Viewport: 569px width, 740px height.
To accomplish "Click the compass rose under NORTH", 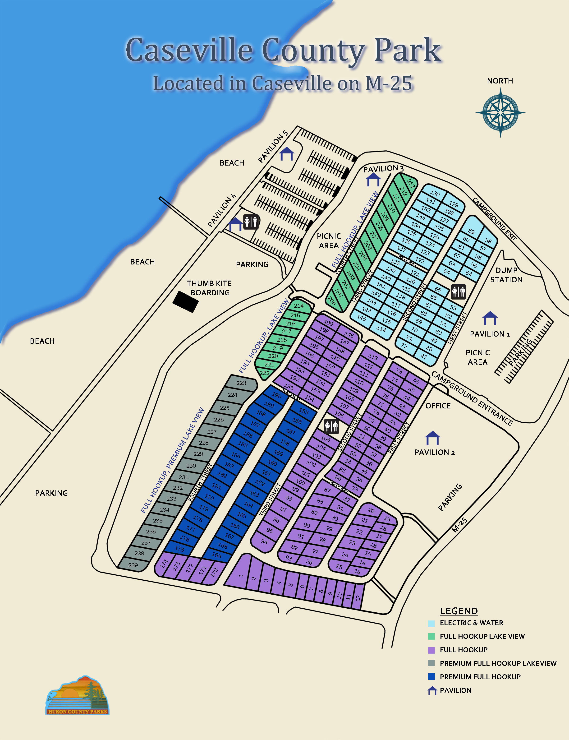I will coord(500,112).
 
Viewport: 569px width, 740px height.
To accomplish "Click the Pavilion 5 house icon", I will coord(287,154).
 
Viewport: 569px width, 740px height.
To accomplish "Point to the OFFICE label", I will coord(438,406).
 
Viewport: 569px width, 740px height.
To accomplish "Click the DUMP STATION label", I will coord(506,275).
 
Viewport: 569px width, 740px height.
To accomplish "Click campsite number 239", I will coord(133,565).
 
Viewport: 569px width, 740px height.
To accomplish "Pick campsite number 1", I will coord(240,576).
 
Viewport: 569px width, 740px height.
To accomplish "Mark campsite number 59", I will coord(471,231).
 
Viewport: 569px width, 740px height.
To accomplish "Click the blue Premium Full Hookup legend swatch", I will coord(431,677).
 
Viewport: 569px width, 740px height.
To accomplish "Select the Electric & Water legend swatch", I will coord(431,623).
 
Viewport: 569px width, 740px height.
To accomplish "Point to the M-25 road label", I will coord(460,525).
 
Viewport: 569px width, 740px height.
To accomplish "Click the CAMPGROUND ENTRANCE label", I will coord(472,398).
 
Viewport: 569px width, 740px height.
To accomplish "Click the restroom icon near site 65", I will coord(458,291).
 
